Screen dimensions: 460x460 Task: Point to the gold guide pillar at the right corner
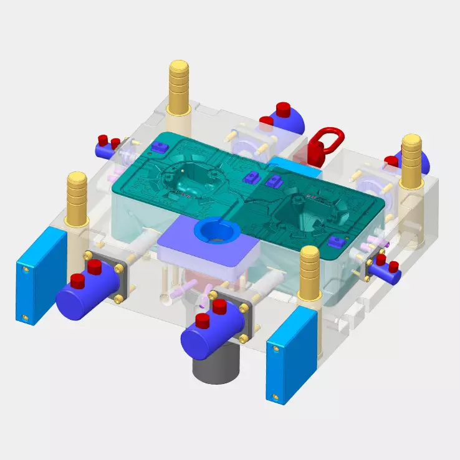413,161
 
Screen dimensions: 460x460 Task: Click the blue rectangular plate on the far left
40,274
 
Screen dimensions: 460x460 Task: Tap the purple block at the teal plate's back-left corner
158,146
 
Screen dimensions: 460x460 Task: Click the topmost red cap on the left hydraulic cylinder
95,267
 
